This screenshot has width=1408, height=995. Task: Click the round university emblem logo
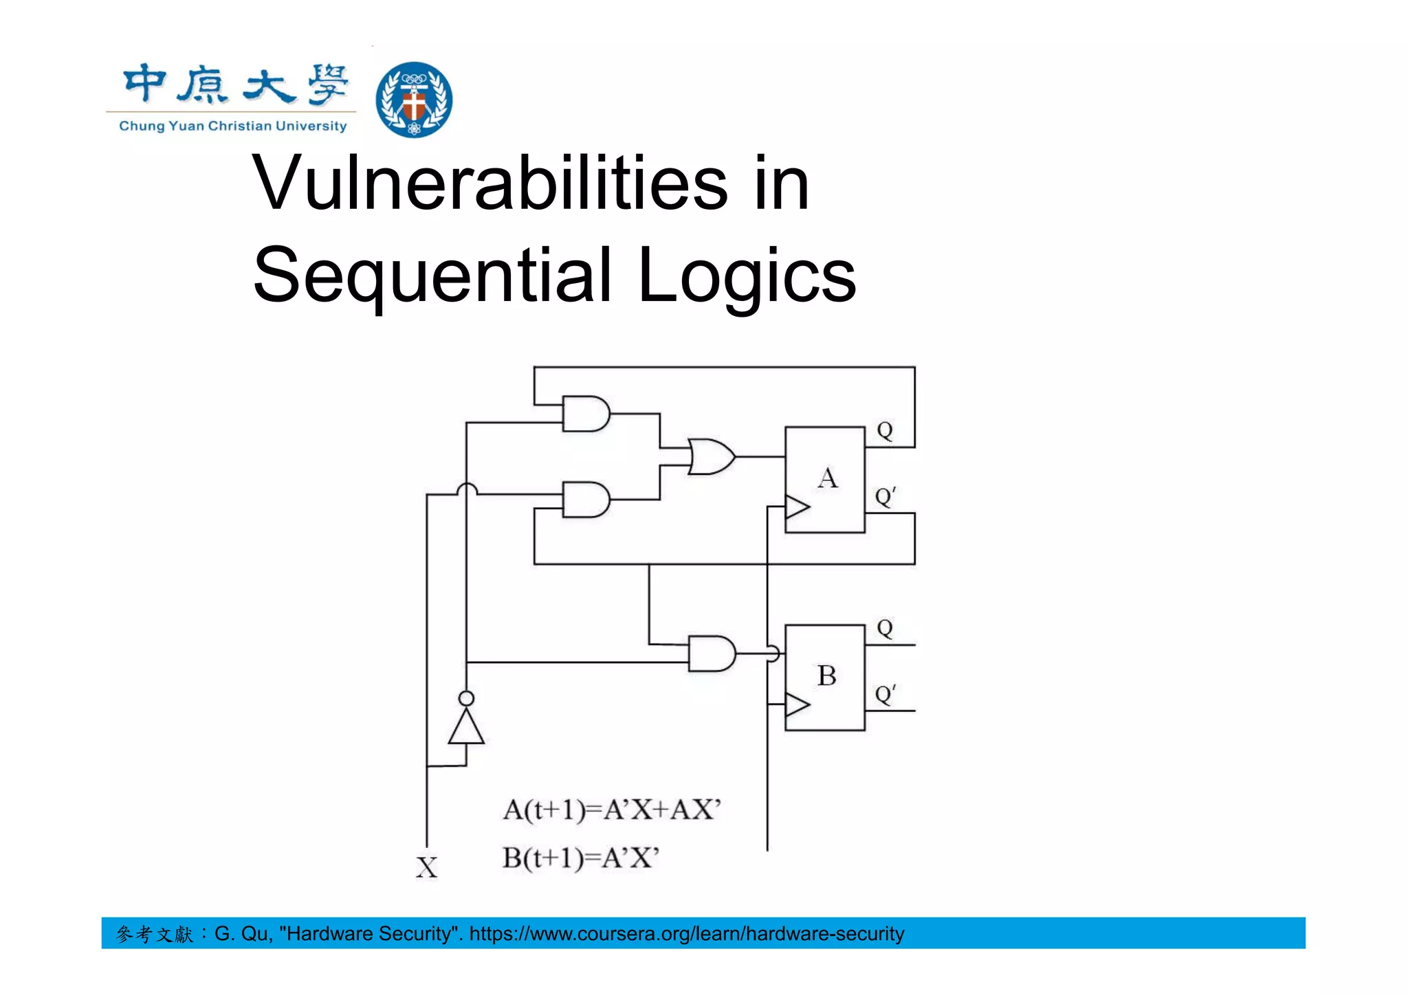tap(414, 100)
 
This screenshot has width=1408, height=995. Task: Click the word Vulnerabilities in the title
tap(490, 183)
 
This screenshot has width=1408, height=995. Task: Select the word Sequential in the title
tap(432, 276)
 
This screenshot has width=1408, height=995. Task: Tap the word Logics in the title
tap(747, 276)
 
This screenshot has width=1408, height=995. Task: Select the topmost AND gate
tap(585, 414)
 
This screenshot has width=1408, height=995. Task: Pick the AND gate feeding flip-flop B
tap(711, 653)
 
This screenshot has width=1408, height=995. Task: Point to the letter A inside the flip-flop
tap(828, 478)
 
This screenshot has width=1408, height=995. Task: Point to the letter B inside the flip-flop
tap(827, 676)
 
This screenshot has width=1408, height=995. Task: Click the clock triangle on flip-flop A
tap(797, 508)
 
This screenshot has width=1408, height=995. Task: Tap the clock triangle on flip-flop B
tap(797, 705)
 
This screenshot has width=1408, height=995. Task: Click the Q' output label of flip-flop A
tap(885, 496)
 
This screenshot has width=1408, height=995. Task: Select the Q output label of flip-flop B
tap(885, 628)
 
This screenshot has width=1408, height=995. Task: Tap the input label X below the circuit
tap(427, 868)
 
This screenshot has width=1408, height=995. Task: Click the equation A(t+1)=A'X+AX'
tap(612, 810)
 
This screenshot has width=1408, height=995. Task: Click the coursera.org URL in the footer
tap(686, 934)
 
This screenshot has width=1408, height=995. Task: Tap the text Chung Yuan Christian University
tap(233, 126)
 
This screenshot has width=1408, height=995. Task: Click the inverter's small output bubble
tap(466, 699)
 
